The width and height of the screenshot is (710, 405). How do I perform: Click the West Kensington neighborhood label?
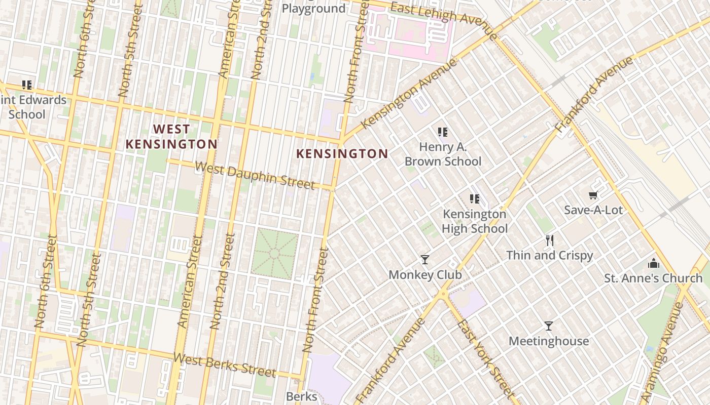point(171,137)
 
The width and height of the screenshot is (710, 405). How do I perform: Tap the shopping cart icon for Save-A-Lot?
point(593,195)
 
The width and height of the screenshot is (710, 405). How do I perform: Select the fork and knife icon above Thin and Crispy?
point(549,240)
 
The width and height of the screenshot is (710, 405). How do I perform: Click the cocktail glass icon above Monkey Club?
point(425,260)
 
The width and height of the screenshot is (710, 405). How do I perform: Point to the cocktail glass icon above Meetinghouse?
point(548,326)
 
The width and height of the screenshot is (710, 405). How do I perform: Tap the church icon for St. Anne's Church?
point(653,263)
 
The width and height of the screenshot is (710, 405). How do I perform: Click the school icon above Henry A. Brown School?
point(443,132)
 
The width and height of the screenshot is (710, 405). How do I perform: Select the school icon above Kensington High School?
point(475,198)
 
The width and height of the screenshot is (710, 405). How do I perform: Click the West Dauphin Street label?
point(255,175)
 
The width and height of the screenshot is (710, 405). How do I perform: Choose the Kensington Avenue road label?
point(409,93)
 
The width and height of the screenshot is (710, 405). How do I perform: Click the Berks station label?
point(301,396)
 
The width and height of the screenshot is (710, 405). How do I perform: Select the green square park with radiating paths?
point(274,253)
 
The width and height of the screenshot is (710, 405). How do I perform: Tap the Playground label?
point(313,9)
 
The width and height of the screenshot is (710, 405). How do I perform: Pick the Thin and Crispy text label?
point(549,255)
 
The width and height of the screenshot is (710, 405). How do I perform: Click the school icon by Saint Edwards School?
point(27,85)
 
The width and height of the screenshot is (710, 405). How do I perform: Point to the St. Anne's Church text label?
point(653,278)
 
